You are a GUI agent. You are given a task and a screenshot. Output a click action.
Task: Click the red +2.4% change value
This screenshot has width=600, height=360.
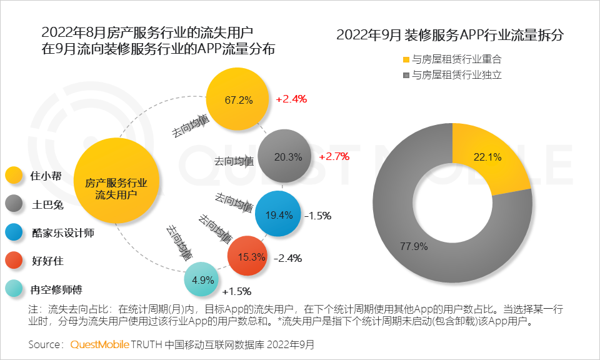coord(291,99)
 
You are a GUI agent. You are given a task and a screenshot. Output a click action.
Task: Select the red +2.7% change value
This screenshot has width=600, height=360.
coord(334,156)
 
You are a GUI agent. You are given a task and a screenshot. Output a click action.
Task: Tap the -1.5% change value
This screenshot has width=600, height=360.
coord(317,216)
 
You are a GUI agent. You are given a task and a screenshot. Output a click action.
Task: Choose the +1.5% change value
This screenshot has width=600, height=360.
coord(236,291)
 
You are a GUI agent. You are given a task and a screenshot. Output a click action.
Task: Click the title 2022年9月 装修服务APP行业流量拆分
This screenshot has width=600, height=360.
coord(450,35)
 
